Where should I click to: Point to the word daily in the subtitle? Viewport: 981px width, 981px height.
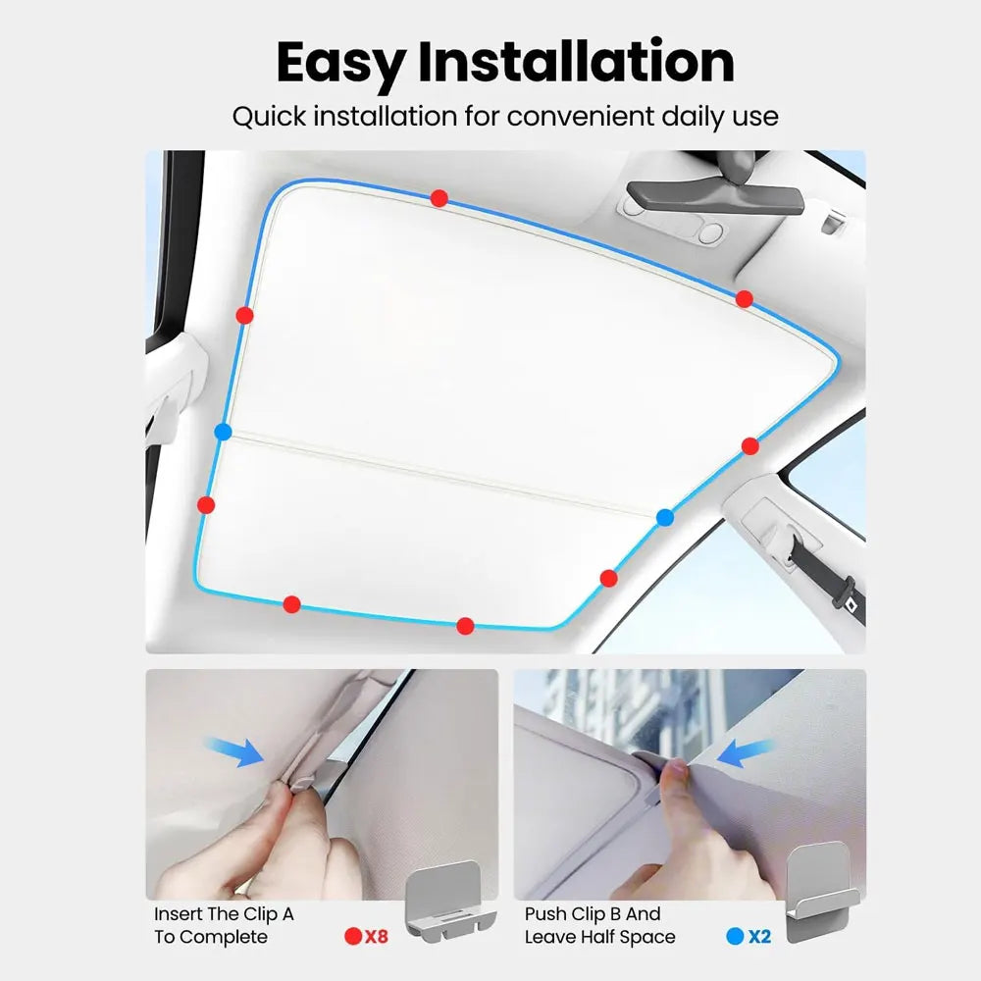click(x=685, y=117)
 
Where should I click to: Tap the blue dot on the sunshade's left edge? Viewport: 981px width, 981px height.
click(x=223, y=432)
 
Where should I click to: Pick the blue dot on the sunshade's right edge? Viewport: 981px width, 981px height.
click(x=665, y=517)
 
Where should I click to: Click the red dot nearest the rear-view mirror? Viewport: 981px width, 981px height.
click(x=745, y=298)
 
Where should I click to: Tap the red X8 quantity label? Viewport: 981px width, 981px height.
click(x=376, y=936)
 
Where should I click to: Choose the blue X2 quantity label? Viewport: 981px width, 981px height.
click(x=759, y=936)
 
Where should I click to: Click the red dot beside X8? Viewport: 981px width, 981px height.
click(x=353, y=936)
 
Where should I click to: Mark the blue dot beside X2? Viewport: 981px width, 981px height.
click(x=735, y=936)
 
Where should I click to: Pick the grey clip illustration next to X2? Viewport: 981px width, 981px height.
click(x=821, y=893)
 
